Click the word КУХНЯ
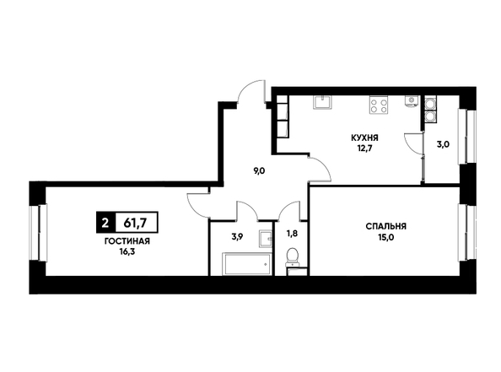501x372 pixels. tap(364, 138)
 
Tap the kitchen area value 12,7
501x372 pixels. tap(365, 148)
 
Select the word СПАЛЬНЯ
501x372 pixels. tap(386, 227)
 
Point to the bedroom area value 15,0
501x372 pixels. tap(386, 237)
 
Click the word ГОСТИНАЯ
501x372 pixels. tap(127, 241)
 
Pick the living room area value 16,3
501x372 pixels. tap(127, 251)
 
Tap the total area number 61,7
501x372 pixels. tap(135, 222)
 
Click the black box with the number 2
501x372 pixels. tap(105, 222)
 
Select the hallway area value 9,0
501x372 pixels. tap(259, 171)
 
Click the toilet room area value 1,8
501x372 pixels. tap(292, 234)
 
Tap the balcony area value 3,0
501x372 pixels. tap(443, 144)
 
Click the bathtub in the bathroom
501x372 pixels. tap(246, 264)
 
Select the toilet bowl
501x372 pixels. tap(292, 257)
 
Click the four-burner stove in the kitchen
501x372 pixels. tap(379, 105)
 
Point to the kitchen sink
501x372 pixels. tap(322, 102)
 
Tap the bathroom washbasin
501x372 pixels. tap(266, 239)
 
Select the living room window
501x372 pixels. tap(38, 233)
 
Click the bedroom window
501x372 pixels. tap(467, 233)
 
